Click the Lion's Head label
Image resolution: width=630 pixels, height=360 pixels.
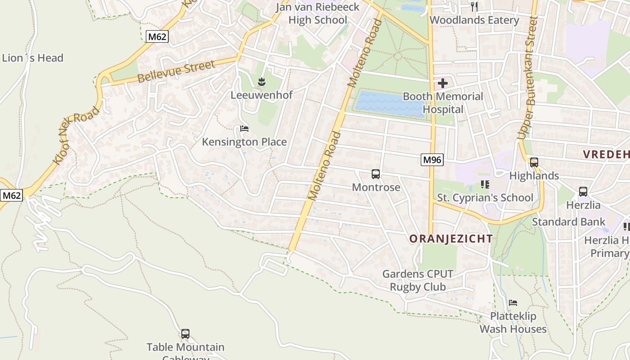point(32,58)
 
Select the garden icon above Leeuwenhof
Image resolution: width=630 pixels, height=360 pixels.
point(261,82)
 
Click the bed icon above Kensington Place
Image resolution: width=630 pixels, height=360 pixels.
point(244,129)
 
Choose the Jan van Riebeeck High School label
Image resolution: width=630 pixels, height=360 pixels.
point(318,13)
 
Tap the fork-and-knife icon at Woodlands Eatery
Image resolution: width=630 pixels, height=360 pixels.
point(474,6)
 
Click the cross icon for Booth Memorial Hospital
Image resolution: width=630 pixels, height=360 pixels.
point(443,83)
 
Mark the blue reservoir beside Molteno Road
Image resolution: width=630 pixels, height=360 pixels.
point(390,104)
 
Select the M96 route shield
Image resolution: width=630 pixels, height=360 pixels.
point(432,159)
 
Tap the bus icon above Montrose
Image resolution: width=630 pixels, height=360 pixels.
point(376,174)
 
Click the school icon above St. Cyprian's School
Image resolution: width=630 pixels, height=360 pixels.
point(485,184)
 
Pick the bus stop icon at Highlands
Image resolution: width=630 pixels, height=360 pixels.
point(534,162)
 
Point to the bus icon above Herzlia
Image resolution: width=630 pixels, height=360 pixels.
point(583,192)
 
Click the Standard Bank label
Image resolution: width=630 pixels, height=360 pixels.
point(569,222)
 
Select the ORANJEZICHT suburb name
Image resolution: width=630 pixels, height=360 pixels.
point(451,239)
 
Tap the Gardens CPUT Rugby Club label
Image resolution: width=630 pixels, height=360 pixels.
point(418,280)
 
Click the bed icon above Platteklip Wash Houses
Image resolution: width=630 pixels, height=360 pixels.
point(513,303)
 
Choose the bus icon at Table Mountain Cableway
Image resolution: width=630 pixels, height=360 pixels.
point(185,334)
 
